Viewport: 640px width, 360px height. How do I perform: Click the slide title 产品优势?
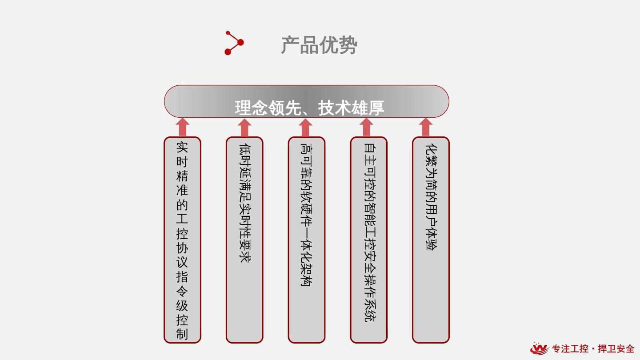point(319,45)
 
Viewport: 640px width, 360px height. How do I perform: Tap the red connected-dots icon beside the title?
point(234,43)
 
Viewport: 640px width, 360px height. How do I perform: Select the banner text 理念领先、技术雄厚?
point(309,108)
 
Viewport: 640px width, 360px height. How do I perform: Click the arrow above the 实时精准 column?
point(182,127)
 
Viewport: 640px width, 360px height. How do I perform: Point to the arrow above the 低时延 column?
point(244,127)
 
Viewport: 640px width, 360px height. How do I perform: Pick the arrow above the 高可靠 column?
point(305,127)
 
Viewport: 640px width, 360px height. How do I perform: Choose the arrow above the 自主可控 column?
point(366,127)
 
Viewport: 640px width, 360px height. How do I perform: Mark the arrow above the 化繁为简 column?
point(426,127)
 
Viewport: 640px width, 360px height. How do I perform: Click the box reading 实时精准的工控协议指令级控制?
point(182,240)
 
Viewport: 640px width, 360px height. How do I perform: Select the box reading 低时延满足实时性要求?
point(244,240)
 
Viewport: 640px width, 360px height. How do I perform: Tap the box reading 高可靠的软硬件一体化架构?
point(306,240)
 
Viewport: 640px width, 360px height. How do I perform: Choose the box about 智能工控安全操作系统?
point(368,240)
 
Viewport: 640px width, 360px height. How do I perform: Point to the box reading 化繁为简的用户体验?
point(431,240)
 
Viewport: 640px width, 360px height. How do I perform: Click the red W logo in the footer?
point(540,349)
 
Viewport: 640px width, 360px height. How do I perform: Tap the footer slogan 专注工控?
point(570,349)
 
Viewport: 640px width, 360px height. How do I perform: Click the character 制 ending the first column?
point(182,334)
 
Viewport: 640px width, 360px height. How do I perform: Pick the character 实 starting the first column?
point(182,147)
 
